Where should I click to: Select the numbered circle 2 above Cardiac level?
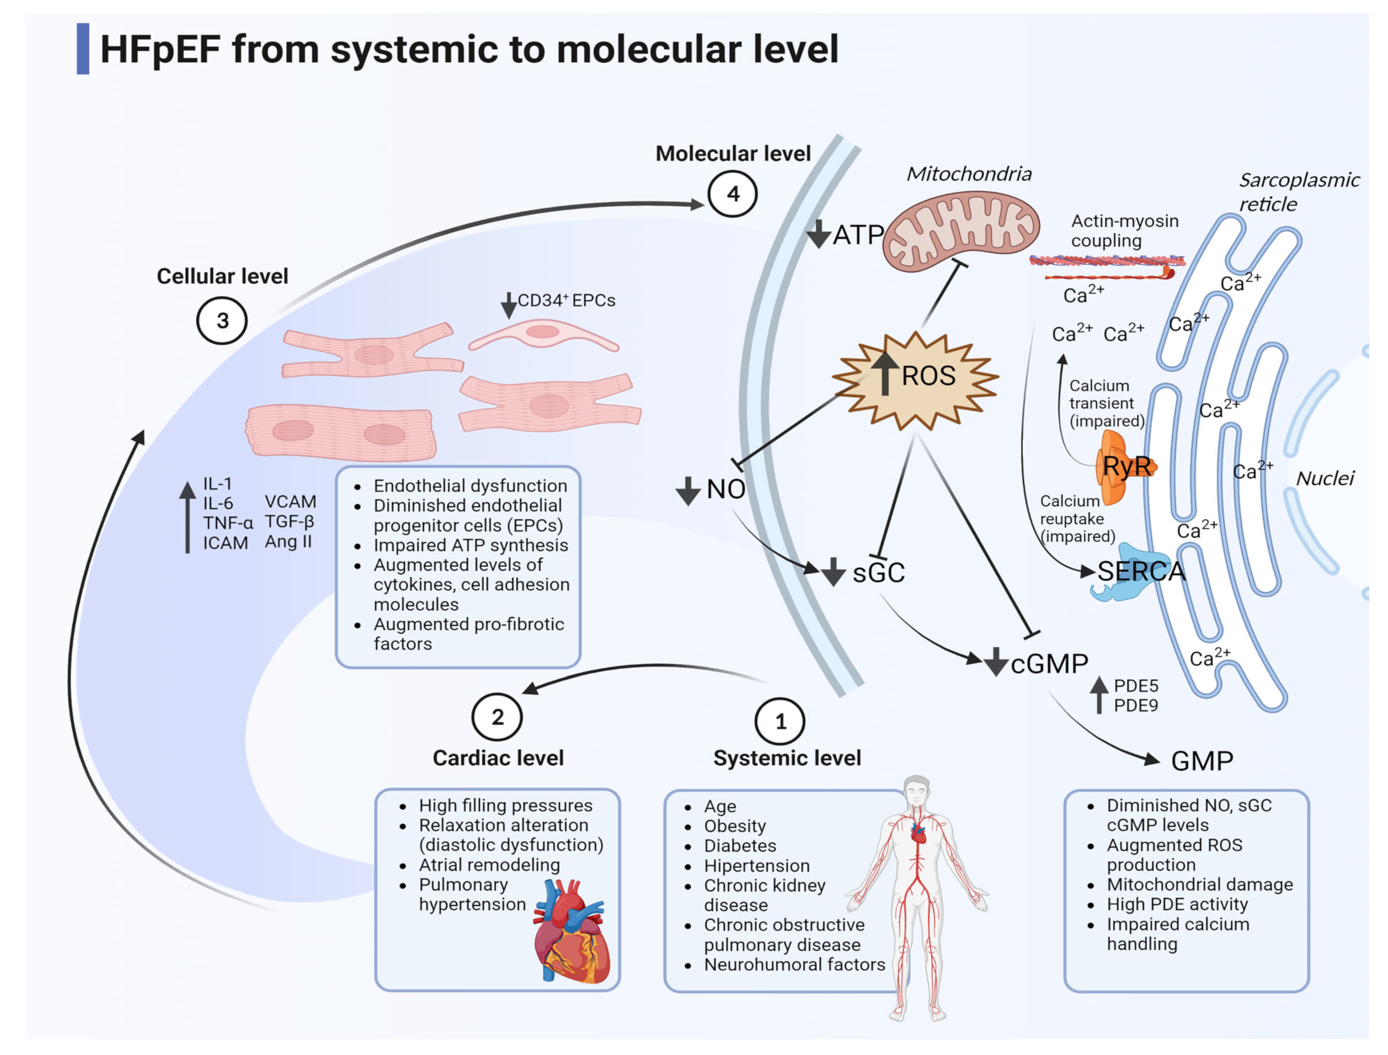click(497, 717)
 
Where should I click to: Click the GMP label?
click(1201, 761)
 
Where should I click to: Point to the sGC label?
click(878, 573)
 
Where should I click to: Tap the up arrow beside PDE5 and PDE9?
click(1098, 694)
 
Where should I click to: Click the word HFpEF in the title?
click(160, 50)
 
